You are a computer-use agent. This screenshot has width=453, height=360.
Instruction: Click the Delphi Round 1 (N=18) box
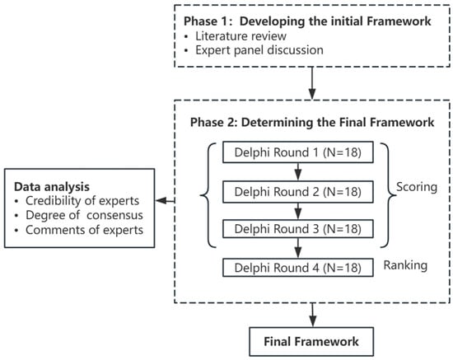click(x=298, y=152)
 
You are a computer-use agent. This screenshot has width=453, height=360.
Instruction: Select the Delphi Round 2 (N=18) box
click(x=298, y=192)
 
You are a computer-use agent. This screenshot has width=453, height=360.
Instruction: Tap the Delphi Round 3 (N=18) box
click(x=298, y=229)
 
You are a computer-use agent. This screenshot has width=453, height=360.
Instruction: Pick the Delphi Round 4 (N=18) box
click(x=298, y=268)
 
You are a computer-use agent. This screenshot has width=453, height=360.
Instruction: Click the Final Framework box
click(x=311, y=342)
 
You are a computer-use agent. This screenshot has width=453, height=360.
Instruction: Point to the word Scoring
click(x=416, y=187)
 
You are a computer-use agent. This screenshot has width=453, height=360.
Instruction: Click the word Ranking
click(x=405, y=265)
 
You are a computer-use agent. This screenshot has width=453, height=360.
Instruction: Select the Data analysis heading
click(x=52, y=187)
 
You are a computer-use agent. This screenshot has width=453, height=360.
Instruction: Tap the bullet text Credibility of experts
click(x=82, y=200)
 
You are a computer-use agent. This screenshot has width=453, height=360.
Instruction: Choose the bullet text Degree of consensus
click(x=84, y=215)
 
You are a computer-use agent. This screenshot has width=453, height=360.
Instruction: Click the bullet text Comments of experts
click(x=84, y=230)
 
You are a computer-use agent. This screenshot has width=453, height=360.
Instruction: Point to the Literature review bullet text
click(x=241, y=36)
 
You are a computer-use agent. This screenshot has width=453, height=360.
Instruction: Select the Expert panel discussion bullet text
click(x=259, y=50)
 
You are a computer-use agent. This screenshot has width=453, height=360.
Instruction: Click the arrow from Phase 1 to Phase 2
click(x=312, y=83)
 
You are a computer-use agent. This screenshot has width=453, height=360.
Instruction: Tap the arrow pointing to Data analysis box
click(x=165, y=200)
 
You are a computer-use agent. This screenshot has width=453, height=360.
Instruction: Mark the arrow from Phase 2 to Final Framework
click(x=313, y=315)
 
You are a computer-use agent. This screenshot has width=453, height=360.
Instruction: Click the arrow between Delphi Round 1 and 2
click(x=298, y=172)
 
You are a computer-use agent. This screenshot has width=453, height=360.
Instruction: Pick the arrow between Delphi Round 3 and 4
click(x=298, y=248)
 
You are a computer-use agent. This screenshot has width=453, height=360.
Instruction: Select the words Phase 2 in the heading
click(x=213, y=122)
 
